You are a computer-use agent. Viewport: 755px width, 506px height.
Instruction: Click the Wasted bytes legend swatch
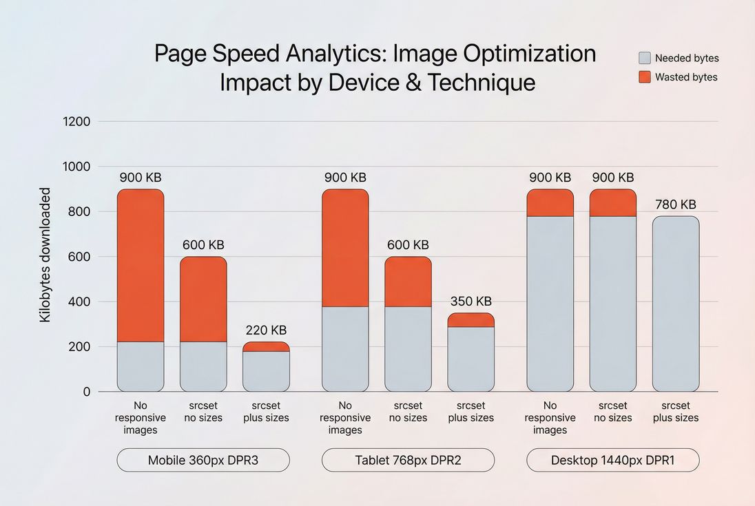(x=645, y=77)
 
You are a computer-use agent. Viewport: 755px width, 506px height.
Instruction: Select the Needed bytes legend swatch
(x=645, y=58)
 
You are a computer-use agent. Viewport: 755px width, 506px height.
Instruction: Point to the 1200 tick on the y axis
(x=76, y=122)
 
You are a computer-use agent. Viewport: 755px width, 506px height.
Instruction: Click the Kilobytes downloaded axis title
(x=45, y=255)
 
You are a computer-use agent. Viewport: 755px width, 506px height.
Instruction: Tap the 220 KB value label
(x=266, y=330)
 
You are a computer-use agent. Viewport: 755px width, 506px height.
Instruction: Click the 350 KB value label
(x=470, y=302)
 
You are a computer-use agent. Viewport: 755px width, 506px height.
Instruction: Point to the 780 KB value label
(x=675, y=204)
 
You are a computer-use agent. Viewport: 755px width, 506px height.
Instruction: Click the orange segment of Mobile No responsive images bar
(x=141, y=265)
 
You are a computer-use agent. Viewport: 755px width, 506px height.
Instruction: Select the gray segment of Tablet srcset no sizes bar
(x=408, y=348)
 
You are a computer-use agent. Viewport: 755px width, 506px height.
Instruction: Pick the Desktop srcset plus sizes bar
(x=675, y=304)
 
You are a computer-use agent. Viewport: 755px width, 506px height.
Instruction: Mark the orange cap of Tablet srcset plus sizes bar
(x=470, y=320)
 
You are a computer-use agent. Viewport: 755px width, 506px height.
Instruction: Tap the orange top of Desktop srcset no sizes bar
(x=612, y=203)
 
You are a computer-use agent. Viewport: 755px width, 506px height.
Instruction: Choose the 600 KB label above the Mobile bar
(x=203, y=245)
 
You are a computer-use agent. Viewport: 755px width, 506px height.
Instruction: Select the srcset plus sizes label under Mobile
(x=266, y=412)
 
